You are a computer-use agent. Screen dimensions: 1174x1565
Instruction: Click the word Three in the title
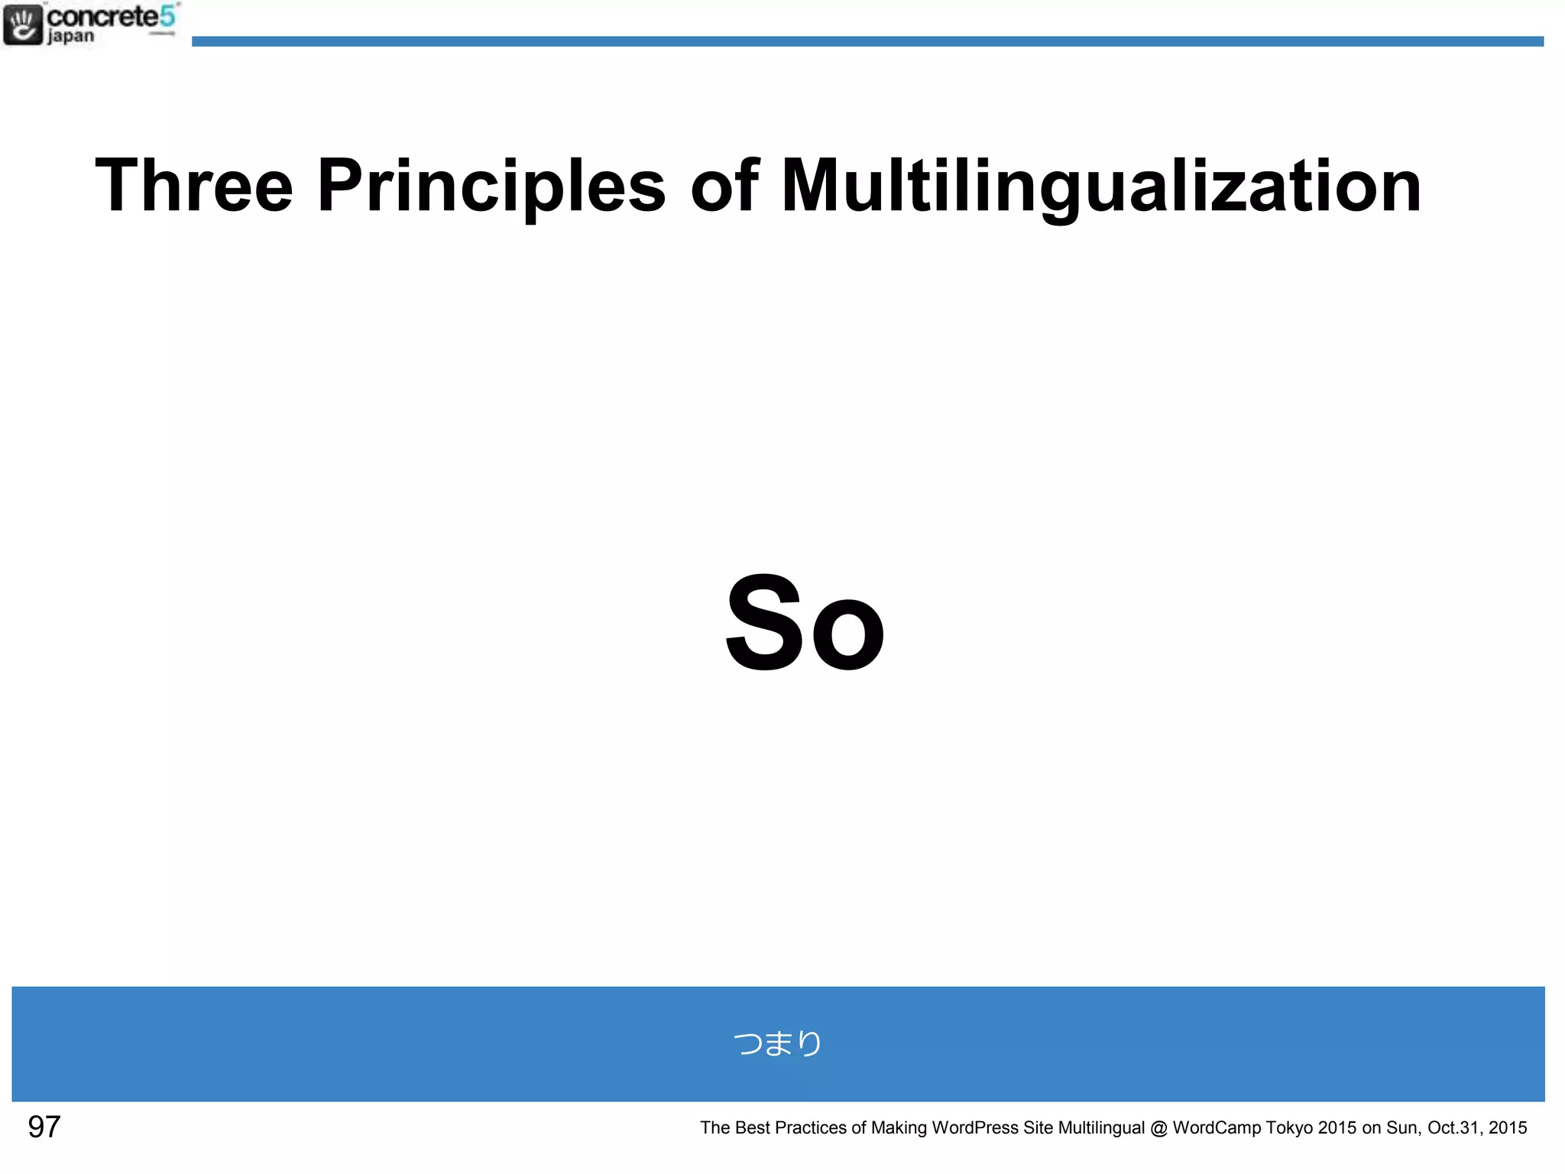pyautogui.click(x=193, y=186)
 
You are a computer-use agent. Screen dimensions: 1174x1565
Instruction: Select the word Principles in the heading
pyautogui.click(x=491, y=186)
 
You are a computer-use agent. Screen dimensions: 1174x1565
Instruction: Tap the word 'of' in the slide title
pyautogui.click(x=723, y=186)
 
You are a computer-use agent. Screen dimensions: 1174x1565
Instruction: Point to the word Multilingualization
pyautogui.click(x=1100, y=186)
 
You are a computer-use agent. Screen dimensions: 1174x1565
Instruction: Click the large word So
pyautogui.click(x=804, y=623)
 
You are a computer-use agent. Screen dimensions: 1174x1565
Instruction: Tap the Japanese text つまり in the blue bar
pyautogui.click(x=777, y=1043)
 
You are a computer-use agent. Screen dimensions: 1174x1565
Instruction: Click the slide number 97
pyautogui.click(x=44, y=1127)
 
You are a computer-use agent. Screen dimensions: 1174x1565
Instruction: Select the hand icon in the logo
pyautogui.click(x=23, y=24)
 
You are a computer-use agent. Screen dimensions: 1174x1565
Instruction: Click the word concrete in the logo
pyautogui.click(x=102, y=16)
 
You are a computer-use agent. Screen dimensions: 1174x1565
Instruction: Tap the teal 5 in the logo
pyautogui.click(x=167, y=15)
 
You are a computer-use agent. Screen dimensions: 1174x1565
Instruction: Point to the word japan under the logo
pyautogui.click(x=71, y=36)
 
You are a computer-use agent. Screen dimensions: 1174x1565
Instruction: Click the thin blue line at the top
pyautogui.click(x=867, y=41)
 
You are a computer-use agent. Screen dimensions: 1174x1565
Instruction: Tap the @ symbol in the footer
pyautogui.click(x=1158, y=1128)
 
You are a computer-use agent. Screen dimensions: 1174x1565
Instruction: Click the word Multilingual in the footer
pyautogui.click(x=1101, y=1127)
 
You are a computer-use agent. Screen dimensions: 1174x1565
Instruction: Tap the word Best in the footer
pyautogui.click(x=752, y=1127)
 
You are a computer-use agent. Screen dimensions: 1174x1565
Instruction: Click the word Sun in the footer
pyautogui.click(x=1402, y=1127)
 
